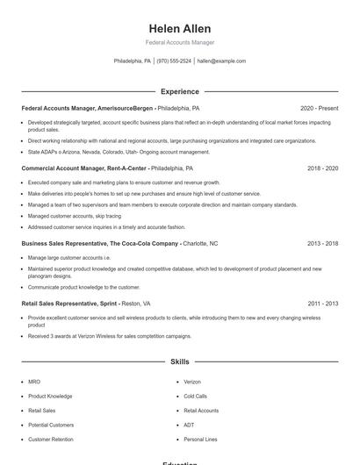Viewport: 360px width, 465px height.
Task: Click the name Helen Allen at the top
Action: pyautogui.click(x=180, y=28)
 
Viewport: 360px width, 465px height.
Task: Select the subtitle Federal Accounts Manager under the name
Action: pyautogui.click(x=180, y=42)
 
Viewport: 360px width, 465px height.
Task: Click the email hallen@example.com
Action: pyautogui.click(x=221, y=61)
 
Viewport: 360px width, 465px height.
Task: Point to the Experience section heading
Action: pyautogui.click(x=180, y=91)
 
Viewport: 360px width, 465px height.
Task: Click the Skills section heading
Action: pyautogui.click(x=180, y=361)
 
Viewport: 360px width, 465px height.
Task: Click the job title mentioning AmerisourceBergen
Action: pyautogui.click(x=88, y=109)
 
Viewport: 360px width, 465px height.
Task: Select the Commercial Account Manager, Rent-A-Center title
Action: pyautogui.click(x=84, y=168)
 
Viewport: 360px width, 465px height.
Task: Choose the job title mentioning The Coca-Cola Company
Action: pyautogui.click(x=101, y=243)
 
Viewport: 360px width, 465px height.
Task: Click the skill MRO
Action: pyautogui.click(x=34, y=383)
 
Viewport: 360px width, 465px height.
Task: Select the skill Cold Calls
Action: pyautogui.click(x=195, y=397)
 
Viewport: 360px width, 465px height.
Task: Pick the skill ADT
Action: pyautogui.click(x=188, y=425)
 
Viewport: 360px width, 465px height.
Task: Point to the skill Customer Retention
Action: pyautogui.click(x=51, y=439)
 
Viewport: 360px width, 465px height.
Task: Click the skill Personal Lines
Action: pyautogui.click(x=199, y=439)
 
